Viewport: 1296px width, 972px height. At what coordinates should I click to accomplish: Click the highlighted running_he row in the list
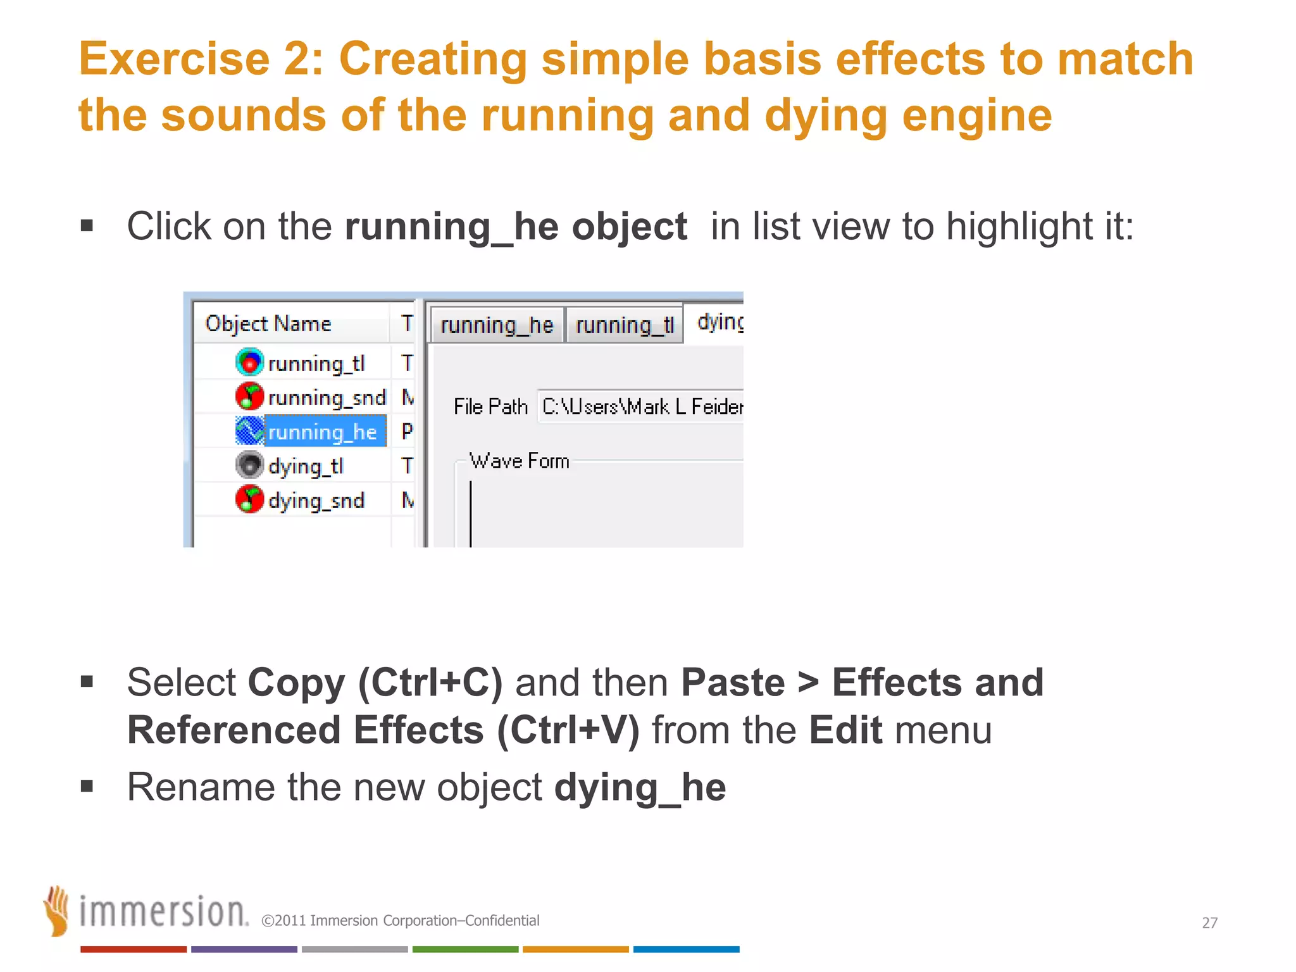coord(323,432)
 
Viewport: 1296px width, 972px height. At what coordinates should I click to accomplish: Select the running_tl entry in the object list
coord(316,363)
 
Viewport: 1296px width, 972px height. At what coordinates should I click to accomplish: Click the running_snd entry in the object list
coord(327,397)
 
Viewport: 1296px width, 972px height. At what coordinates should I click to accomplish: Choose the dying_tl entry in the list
coord(306,466)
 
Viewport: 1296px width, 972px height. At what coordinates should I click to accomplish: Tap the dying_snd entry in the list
coord(316,501)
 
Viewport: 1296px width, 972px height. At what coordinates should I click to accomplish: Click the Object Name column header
coord(268,323)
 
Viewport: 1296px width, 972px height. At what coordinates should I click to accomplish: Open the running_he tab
coord(497,325)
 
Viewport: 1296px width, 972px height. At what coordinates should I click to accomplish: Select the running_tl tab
coord(625,325)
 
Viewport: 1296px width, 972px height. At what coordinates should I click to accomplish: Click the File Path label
coord(490,406)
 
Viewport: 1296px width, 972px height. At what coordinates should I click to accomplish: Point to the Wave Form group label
coord(519,461)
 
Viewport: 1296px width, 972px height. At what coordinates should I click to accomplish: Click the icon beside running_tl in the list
coord(249,362)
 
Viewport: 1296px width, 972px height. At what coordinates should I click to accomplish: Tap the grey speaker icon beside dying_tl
coord(249,465)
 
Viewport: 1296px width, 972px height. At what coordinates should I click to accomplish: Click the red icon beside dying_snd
coord(249,499)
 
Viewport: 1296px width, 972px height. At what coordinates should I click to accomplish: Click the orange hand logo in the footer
coord(58,911)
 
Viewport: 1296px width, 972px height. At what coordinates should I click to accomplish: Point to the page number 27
coord(1209,923)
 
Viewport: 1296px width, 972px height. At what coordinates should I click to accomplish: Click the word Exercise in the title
coord(174,58)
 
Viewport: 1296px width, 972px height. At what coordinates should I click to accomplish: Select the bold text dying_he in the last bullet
coord(640,787)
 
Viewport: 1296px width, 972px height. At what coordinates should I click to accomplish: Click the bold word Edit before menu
coord(845,730)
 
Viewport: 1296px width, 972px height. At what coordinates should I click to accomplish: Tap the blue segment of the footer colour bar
coord(686,949)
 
